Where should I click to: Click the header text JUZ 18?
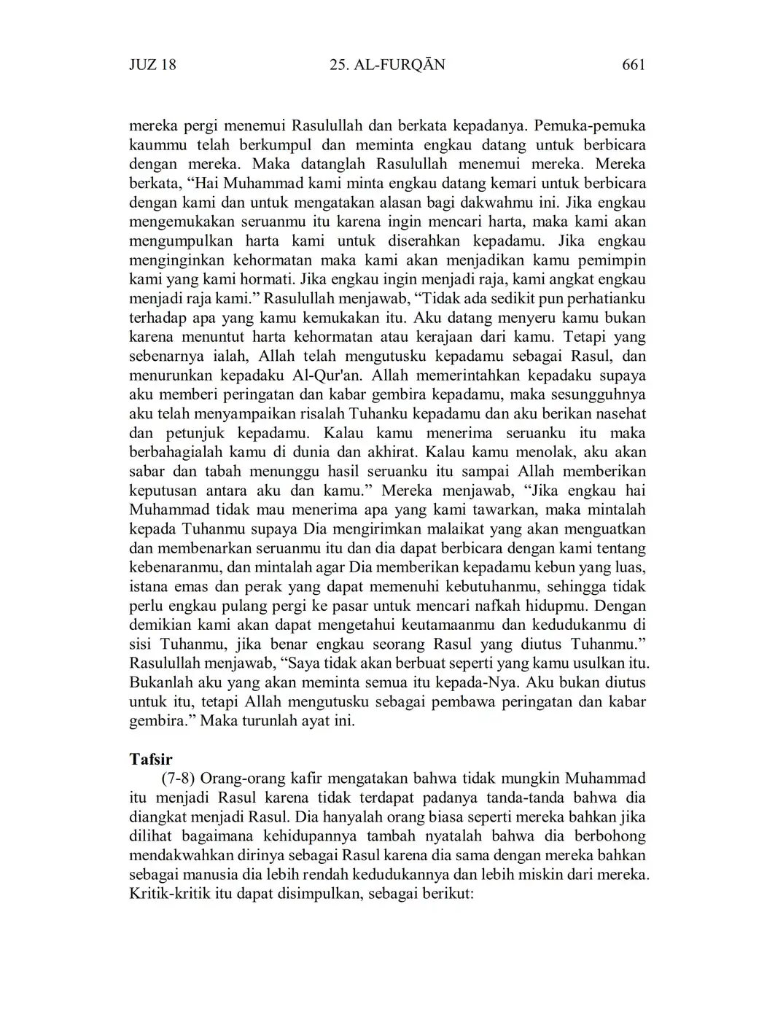tap(152, 65)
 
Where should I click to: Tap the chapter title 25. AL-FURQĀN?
tap(387, 65)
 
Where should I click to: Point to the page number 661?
tap(634, 65)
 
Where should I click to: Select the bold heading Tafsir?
tap(151, 760)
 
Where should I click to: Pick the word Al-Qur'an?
tap(332, 375)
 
